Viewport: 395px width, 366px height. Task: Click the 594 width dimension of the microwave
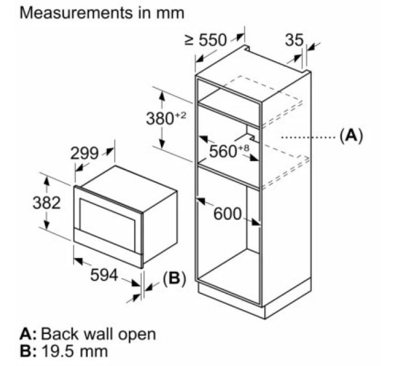coord(104,275)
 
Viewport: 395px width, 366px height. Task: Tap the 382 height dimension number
coord(46,203)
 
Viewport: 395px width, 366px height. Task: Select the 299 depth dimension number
coord(84,153)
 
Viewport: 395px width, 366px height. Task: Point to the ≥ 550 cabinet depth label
coord(206,40)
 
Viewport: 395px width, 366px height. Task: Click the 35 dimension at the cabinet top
coord(294,40)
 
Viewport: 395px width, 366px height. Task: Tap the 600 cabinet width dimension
coord(228,214)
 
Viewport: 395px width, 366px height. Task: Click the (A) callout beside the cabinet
coord(351,137)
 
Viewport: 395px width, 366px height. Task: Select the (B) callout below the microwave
coord(174,279)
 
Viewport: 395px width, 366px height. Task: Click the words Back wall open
coord(98,334)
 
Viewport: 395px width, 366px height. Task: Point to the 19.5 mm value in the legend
coord(74,351)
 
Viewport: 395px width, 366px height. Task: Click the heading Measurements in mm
coord(102,13)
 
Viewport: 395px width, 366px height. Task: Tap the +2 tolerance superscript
coord(180,116)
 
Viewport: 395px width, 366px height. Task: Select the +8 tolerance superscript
coord(243,148)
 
